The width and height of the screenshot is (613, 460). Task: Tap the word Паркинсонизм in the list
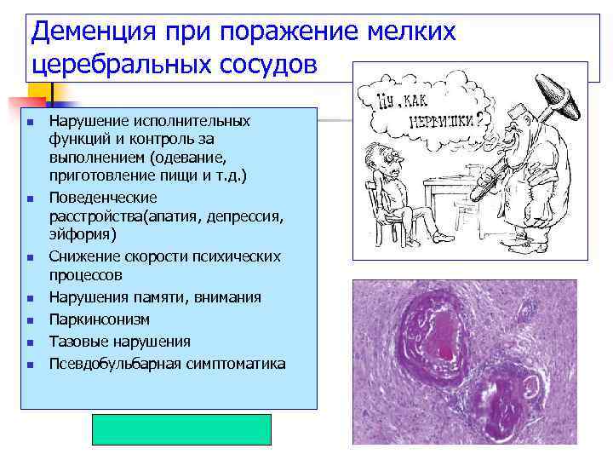pyautogui.click(x=100, y=319)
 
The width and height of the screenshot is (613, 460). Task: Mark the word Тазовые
pyautogui.click(x=77, y=342)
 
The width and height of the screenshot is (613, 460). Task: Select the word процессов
pyautogui.click(x=85, y=275)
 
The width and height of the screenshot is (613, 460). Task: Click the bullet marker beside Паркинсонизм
pyautogui.click(x=29, y=321)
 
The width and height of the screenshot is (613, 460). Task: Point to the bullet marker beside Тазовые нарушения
pyautogui.click(x=29, y=343)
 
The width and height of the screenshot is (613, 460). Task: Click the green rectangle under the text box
pyautogui.click(x=181, y=430)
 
